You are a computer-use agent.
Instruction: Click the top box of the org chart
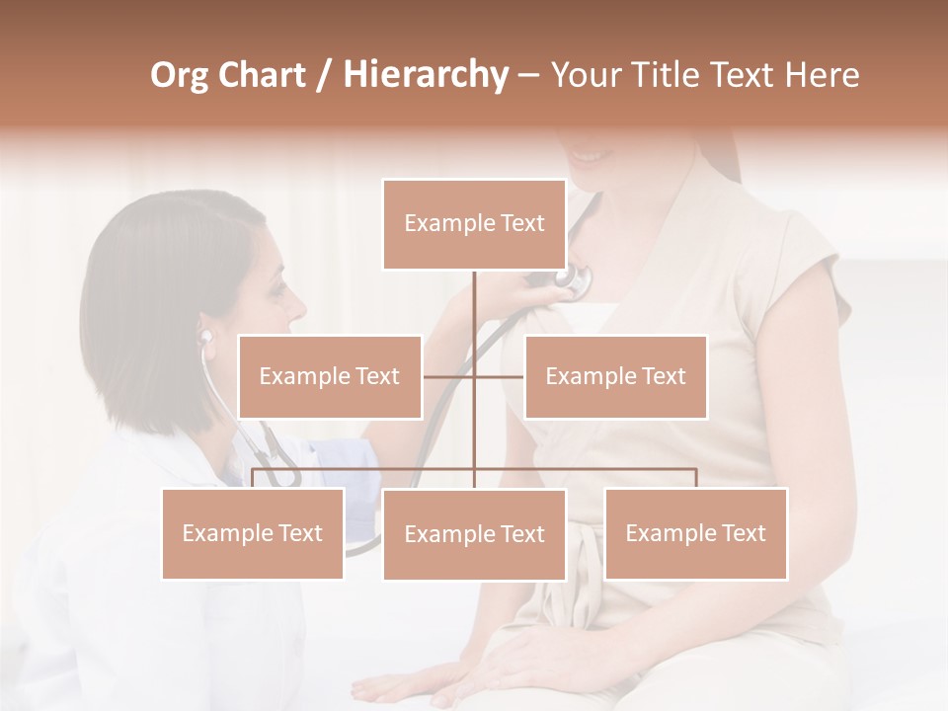pos(474,224)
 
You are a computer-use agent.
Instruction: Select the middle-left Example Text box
pos(330,376)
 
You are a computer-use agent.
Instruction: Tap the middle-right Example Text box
pos(615,376)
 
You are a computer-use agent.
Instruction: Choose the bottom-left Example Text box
pos(253,533)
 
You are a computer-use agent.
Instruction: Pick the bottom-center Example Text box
pos(474,534)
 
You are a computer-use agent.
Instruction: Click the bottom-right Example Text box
pos(695,533)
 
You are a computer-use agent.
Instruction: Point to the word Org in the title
pos(181,75)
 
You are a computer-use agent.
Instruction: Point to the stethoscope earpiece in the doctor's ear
pos(205,337)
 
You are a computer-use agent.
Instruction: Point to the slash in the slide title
pos(322,75)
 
